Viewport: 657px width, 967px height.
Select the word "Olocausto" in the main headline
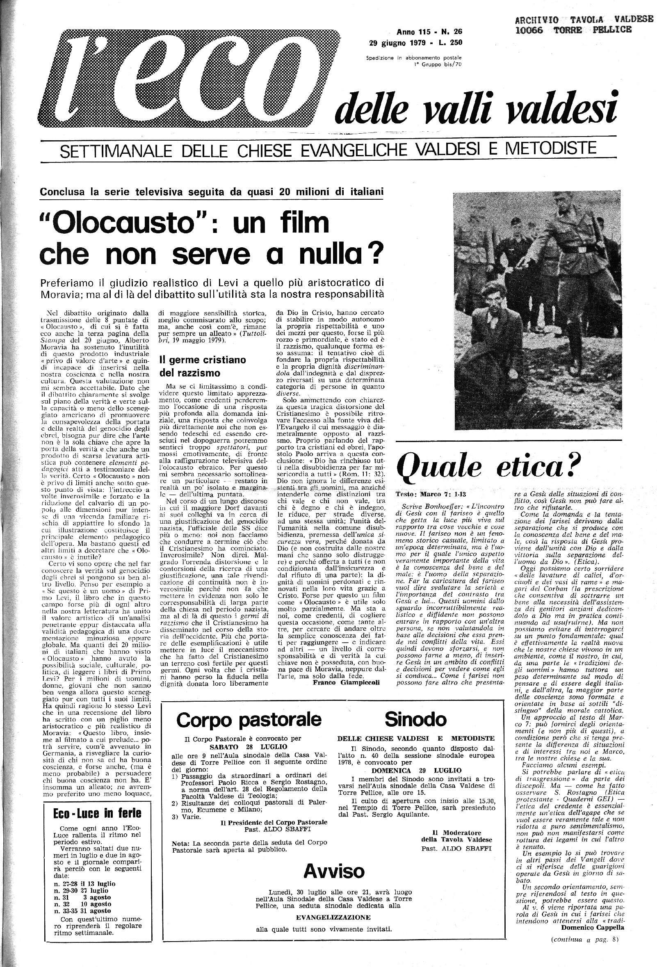[x=120, y=224]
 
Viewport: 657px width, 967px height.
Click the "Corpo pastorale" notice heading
[x=249, y=718]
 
